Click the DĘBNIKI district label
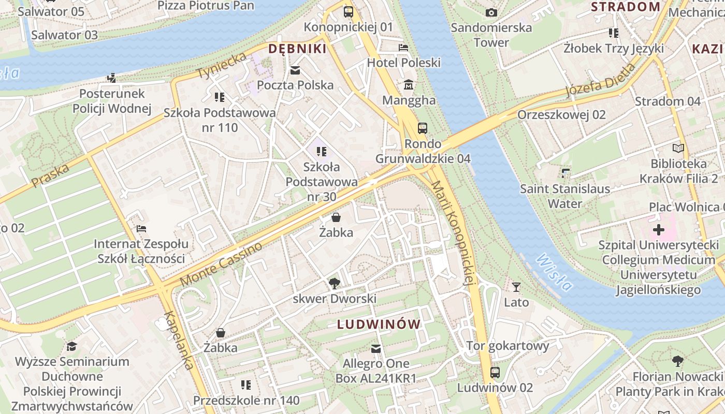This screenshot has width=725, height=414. [297, 49]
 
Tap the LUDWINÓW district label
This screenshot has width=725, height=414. [379, 324]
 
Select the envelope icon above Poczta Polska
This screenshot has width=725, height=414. [295, 70]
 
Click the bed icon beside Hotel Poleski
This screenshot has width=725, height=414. [403, 48]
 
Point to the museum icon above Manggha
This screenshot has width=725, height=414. [409, 84]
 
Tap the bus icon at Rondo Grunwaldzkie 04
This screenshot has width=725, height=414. [423, 128]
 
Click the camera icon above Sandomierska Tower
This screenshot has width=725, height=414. [491, 12]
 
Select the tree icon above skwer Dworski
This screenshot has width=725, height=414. [335, 283]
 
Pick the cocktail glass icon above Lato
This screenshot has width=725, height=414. [516, 287]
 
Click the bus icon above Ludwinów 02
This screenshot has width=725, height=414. [495, 372]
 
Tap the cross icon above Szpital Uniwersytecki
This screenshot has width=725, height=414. [658, 230]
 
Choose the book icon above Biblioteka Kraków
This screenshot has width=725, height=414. [678, 148]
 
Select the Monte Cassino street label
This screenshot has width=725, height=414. [221, 264]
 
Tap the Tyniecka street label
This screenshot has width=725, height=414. [222, 66]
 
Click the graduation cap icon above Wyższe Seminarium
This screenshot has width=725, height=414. [71, 346]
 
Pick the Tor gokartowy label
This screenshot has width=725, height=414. [507, 346]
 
